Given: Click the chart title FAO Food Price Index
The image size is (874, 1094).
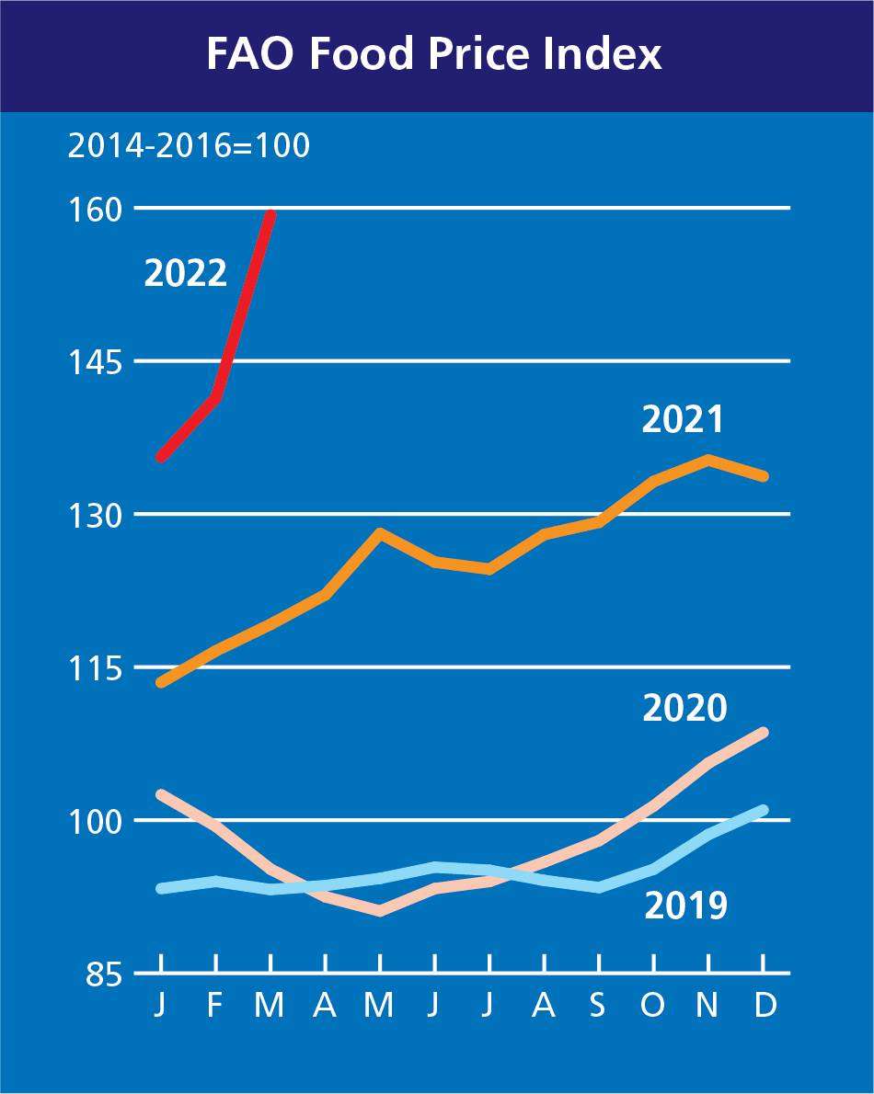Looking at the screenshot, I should [x=434, y=54].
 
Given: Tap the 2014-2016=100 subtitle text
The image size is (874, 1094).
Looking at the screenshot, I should [x=189, y=146].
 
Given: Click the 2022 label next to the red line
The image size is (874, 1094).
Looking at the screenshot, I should [x=185, y=274].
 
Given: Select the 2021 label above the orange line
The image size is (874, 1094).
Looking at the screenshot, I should [x=683, y=420].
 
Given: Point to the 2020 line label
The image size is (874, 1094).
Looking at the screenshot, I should [x=684, y=709].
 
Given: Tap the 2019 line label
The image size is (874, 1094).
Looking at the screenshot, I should [x=685, y=906].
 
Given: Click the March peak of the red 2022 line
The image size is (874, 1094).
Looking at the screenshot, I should [x=270, y=214].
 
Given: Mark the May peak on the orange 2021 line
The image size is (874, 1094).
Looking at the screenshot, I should [x=379, y=532].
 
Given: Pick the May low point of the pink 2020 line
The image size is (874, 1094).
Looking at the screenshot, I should [x=379, y=911].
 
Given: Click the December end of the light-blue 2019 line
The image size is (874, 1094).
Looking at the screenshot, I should [x=763, y=810].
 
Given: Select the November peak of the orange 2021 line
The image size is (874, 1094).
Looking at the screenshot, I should [x=708, y=458].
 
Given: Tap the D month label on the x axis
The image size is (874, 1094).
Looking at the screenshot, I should [x=764, y=1006].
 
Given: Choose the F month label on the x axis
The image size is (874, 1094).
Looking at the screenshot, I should [x=215, y=1006].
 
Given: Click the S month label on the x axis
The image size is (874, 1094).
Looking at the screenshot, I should [x=598, y=1006].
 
